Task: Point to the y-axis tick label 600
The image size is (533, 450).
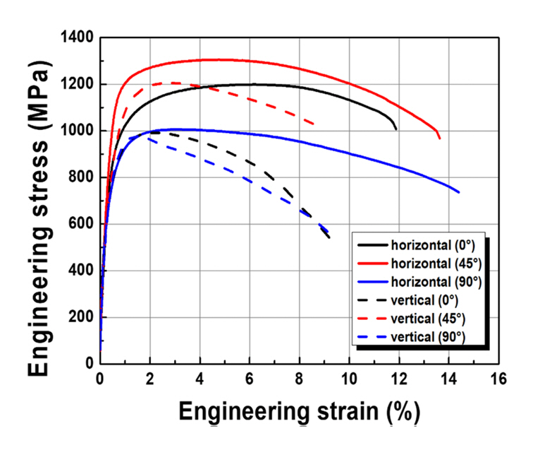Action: coord(82,224)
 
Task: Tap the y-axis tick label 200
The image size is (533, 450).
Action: coord(82,317)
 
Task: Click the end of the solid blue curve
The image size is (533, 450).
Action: coord(459,192)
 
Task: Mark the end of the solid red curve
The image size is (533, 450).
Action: coord(440,138)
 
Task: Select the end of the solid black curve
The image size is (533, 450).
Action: coord(396,129)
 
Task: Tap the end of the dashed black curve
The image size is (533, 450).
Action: coord(329,238)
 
